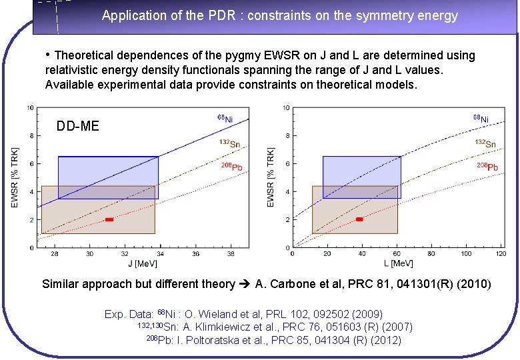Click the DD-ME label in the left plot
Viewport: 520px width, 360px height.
(x=77, y=125)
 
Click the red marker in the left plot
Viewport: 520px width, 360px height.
(x=109, y=219)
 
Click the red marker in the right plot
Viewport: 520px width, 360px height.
(x=359, y=219)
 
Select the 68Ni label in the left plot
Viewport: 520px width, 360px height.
(x=225, y=118)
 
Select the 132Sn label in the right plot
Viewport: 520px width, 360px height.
(x=485, y=143)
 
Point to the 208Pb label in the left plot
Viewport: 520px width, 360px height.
(x=231, y=165)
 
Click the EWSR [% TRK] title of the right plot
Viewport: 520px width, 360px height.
(x=271, y=177)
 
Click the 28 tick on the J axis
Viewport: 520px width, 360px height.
(x=54, y=254)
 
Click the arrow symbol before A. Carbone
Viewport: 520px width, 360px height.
(x=245, y=285)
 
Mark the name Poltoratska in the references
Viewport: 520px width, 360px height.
(x=219, y=340)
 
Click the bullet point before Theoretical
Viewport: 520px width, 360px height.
(x=48, y=55)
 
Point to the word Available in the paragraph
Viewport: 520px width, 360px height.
(x=67, y=85)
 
